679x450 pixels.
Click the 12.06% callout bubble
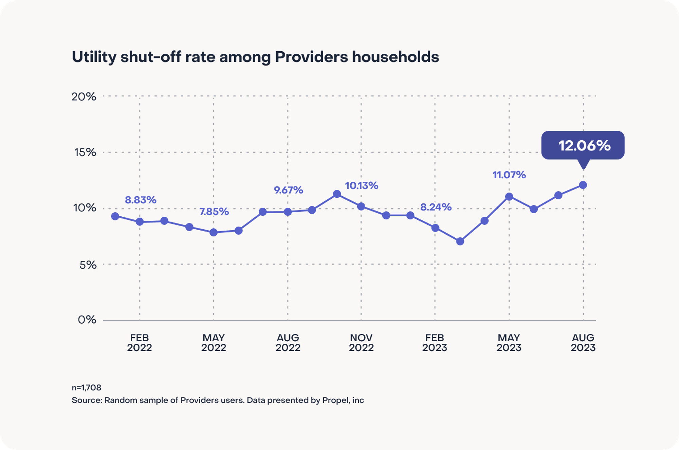(x=583, y=145)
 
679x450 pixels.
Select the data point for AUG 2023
(x=583, y=185)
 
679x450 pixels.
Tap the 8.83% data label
(x=141, y=200)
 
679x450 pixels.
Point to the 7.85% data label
(x=214, y=212)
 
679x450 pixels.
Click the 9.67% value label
(x=288, y=190)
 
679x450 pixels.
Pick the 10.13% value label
(x=362, y=185)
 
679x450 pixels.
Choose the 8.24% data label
(x=436, y=207)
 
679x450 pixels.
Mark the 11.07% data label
(x=509, y=175)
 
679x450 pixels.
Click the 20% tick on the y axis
(x=84, y=97)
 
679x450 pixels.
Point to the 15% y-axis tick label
(x=85, y=152)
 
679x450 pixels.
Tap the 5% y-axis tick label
(x=88, y=265)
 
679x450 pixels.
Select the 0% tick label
(x=87, y=320)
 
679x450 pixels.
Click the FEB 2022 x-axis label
(x=139, y=343)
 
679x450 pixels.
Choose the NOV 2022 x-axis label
(x=361, y=343)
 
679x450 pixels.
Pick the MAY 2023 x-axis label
(x=509, y=343)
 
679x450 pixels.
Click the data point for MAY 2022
(x=214, y=232)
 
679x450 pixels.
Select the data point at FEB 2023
(x=435, y=228)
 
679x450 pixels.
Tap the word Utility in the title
(x=94, y=57)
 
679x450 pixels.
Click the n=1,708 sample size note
(x=86, y=388)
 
